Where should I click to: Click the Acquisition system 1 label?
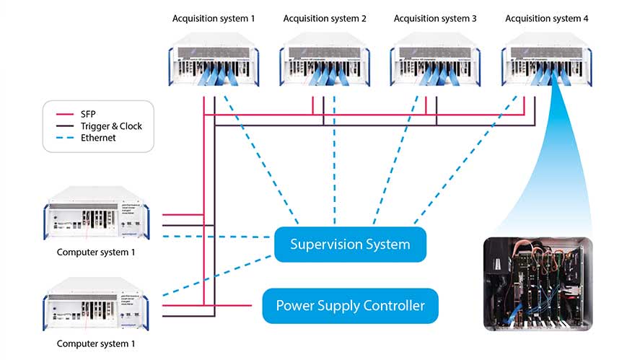click(x=214, y=19)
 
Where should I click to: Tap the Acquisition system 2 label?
click(x=325, y=19)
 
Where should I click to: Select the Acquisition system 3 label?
click(x=435, y=19)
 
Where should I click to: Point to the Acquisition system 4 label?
click(x=546, y=19)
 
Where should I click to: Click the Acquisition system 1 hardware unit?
click(x=214, y=66)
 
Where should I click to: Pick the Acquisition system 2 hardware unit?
click(x=325, y=66)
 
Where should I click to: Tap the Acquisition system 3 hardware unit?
click(x=435, y=66)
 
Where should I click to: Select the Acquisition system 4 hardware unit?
click(x=546, y=66)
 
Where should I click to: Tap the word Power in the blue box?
click(x=296, y=306)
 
